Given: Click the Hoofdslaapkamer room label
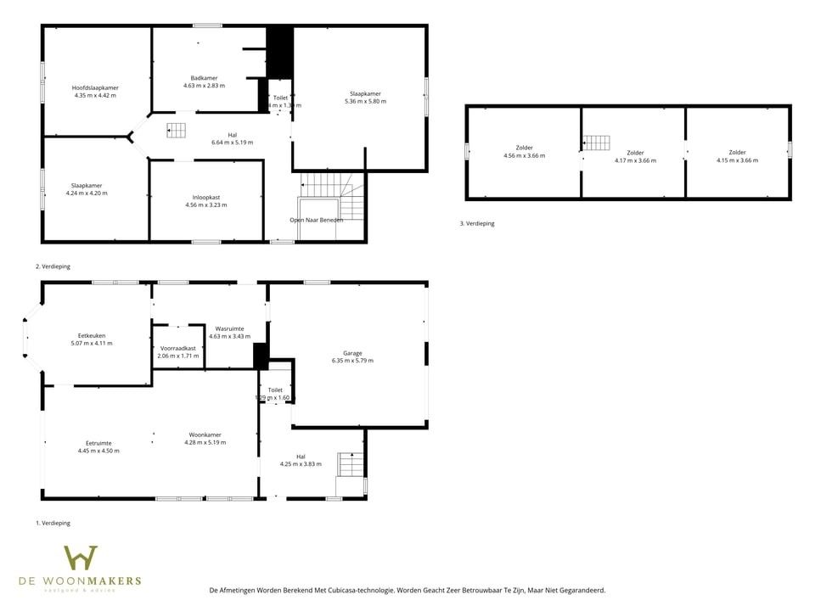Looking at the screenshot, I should click(94, 87).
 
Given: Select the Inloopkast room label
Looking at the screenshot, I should click(205, 197).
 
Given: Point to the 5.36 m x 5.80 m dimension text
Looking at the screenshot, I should click(365, 101).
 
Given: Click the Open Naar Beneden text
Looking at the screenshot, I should click(316, 220).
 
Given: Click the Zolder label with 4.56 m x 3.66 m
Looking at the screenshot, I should click(524, 148).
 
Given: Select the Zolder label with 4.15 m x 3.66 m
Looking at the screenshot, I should click(737, 153).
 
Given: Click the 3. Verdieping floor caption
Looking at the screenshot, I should click(477, 224).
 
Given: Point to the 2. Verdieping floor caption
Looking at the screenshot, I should click(53, 266).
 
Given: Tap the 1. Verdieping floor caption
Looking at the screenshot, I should click(53, 524).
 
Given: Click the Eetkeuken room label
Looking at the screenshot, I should click(92, 335).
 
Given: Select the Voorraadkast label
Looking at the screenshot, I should click(178, 348).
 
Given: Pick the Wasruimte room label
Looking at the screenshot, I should click(229, 328).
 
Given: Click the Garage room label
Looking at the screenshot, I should click(352, 353).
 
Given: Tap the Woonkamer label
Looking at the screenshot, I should click(205, 434).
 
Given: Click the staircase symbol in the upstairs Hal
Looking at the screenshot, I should click(176, 130).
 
